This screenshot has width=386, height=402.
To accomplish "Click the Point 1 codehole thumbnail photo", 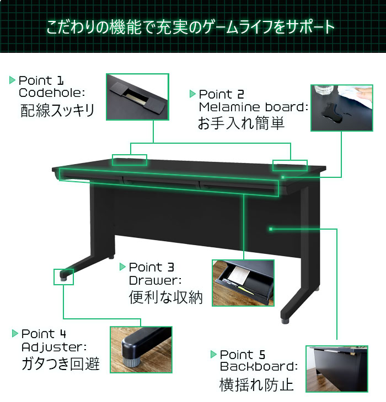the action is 137,97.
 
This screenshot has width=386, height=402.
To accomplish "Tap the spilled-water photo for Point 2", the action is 341,108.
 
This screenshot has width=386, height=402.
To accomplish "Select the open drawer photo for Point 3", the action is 243,283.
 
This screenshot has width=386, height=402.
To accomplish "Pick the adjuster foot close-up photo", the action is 141,350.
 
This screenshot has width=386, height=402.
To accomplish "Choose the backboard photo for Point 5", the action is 337,368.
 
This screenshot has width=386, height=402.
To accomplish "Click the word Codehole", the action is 52,93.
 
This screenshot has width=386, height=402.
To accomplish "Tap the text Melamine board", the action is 254,107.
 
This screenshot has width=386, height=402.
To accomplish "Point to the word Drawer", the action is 155,280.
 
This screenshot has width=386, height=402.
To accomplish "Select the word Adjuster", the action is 54,347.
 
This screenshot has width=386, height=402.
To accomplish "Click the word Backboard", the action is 259,366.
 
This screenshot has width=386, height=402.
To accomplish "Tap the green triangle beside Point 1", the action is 12,80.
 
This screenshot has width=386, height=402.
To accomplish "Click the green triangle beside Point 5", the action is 213,354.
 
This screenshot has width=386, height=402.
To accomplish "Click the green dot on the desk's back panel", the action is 271,229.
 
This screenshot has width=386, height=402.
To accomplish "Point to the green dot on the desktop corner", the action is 283,177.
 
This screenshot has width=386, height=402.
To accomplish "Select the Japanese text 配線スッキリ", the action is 57,111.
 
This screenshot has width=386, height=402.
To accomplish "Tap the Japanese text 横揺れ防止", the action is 256,384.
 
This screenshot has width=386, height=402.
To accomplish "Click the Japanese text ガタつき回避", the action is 61,363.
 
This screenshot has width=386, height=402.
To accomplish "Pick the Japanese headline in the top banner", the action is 190,26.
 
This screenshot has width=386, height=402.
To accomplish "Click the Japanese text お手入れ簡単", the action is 242,123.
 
